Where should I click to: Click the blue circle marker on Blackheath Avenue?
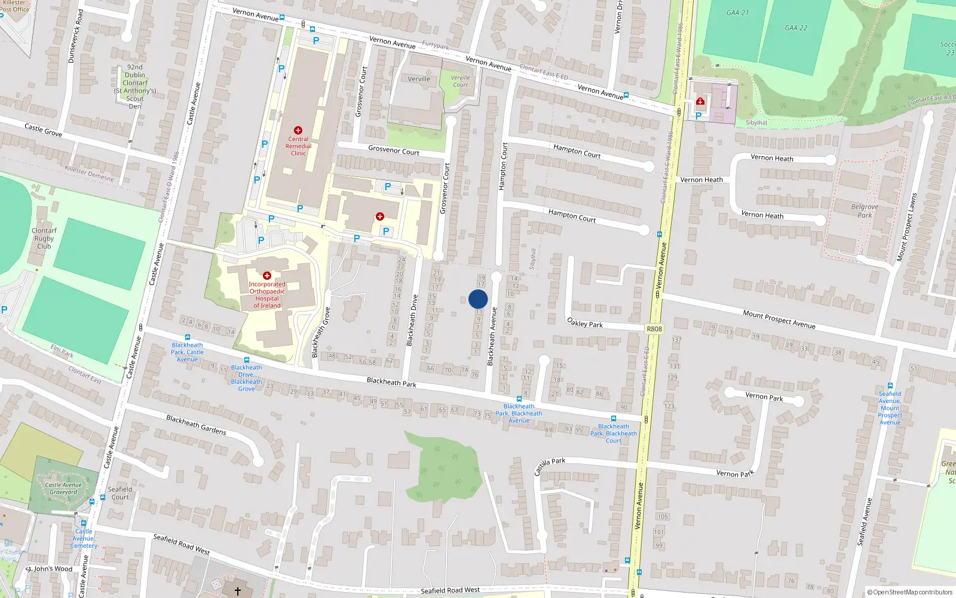[478, 299]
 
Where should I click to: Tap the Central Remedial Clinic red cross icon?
[298, 130]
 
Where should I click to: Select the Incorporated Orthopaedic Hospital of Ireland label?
[267, 295]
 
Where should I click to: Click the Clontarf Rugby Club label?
[44, 238]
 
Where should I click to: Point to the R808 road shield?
[654, 329]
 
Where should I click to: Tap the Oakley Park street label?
[584, 324]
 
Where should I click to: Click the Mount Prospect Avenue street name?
[779, 319]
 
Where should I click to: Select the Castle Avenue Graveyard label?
[63, 489]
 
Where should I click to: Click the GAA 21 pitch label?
[737, 13]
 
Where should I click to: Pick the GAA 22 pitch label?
[796, 28]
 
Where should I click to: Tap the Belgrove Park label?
[865, 211]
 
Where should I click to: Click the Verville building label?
[419, 79]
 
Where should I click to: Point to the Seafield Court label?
[120, 493]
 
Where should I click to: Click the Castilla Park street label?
[550, 466]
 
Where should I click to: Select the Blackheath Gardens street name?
[196, 425]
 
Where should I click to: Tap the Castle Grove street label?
[43, 129]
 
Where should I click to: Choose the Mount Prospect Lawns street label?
[906, 227]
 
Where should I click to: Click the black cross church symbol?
[237, 591]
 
